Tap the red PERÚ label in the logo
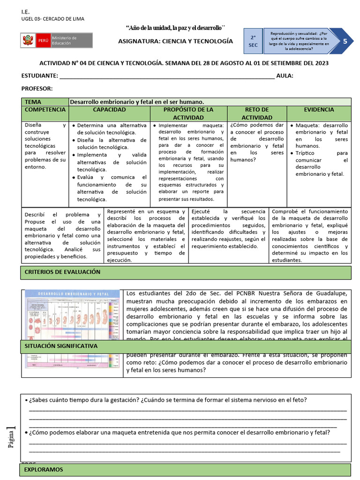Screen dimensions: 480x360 (x=43, y=41)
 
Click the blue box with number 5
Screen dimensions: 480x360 (x=345, y=41)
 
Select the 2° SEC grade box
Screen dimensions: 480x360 (x=253, y=41)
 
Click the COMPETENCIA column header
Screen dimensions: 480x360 (x=45, y=110)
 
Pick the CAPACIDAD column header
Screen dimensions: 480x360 (x=109, y=110)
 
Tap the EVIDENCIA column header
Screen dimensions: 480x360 (x=319, y=110)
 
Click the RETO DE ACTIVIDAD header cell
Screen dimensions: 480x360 (x=257, y=113)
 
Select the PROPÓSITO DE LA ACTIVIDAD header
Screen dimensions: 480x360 (x=188, y=113)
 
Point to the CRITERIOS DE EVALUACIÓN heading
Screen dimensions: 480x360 (x=62, y=272)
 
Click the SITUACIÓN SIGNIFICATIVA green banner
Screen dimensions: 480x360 (x=61, y=346)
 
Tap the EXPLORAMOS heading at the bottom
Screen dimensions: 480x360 (x=44, y=469)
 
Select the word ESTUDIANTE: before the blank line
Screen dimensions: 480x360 (x=40, y=76)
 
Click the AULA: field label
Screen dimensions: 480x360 (x=285, y=76)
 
